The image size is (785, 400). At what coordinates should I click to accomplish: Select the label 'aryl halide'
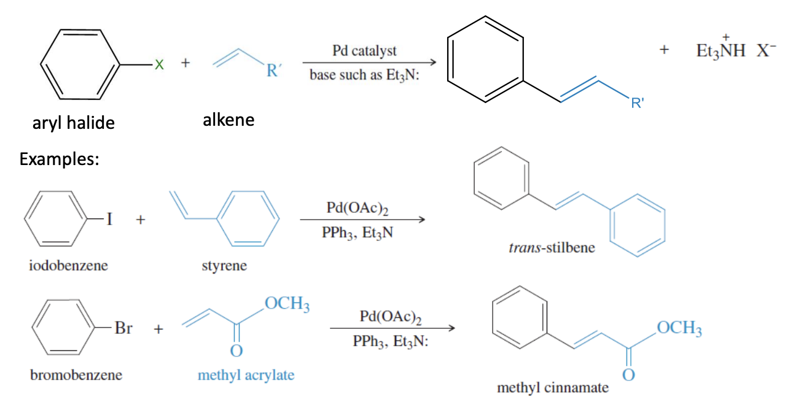74,123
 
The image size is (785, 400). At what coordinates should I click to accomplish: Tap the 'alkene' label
228,120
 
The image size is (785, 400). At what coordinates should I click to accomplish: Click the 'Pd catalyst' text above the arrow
364,51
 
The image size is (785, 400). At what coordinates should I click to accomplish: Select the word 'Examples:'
60,159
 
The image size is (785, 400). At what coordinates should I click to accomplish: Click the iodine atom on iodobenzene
108,220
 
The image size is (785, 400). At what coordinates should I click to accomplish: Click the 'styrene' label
224,266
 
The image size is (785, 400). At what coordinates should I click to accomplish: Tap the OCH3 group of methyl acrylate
286,305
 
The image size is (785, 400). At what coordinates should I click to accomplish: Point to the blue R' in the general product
637,104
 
